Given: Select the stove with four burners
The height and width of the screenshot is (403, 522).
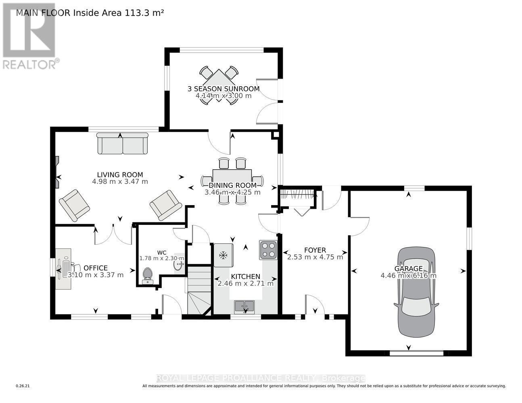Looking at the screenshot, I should (x=268, y=249).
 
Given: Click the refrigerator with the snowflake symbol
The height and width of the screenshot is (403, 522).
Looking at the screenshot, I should (x=223, y=255).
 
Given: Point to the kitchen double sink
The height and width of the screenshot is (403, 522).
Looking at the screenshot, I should (x=244, y=307).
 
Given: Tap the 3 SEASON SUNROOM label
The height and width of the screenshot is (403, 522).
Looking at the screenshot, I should (x=223, y=89).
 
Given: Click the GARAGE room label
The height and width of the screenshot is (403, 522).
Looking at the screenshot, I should (x=408, y=268).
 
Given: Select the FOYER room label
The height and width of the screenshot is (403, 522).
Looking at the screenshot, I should (x=315, y=250).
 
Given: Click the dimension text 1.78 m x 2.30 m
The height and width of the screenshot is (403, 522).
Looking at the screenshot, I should (x=161, y=258).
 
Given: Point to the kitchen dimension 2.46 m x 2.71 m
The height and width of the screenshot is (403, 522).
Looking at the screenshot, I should (x=245, y=283).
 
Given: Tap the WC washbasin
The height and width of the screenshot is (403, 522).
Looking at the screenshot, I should (x=178, y=265).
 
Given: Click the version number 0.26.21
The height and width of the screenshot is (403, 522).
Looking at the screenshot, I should (x=23, y=386).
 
